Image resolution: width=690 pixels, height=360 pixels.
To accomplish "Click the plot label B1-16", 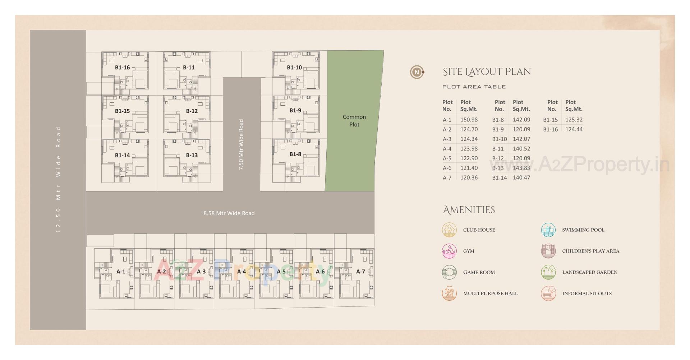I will (x=122, y=68).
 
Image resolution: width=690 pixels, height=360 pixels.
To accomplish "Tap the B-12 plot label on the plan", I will (x=192, y=111).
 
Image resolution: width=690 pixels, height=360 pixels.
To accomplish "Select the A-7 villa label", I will (x=360, y=272).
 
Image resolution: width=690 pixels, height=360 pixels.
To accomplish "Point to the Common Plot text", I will (x=354, y=121).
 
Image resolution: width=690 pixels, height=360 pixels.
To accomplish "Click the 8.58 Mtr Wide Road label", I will (x=229, y=213).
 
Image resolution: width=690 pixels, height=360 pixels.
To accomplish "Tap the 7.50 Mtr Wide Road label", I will (x=241, y=144).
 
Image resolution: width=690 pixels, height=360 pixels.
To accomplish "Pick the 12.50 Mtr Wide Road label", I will (x=59, y=180).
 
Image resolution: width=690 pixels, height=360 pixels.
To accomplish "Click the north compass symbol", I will (x=417, y=72).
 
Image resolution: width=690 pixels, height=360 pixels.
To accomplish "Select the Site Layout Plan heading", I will (x=486, y=72).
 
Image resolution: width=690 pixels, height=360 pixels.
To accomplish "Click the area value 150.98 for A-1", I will (x=469, y=120).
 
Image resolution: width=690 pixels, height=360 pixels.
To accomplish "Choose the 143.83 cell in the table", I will (x=521, y=168).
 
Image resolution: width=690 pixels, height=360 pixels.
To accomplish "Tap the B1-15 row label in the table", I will (x=550, y=120).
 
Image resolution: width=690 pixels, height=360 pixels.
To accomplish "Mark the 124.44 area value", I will (x=574, y=129).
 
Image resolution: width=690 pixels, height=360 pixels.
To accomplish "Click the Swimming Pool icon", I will (x=548, y=230).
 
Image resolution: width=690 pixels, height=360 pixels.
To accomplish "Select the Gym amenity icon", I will (x=449, y=251).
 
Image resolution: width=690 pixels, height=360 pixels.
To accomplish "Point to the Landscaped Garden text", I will (x=589, y=272).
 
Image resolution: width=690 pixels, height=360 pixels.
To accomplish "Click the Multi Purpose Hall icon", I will (x=449, y=294).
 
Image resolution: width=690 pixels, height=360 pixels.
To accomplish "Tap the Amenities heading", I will (x=469, y=210).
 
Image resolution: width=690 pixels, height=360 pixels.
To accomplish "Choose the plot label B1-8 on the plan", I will (x=295, y=154).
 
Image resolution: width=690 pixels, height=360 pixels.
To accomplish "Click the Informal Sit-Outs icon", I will (x=548, y=294).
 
